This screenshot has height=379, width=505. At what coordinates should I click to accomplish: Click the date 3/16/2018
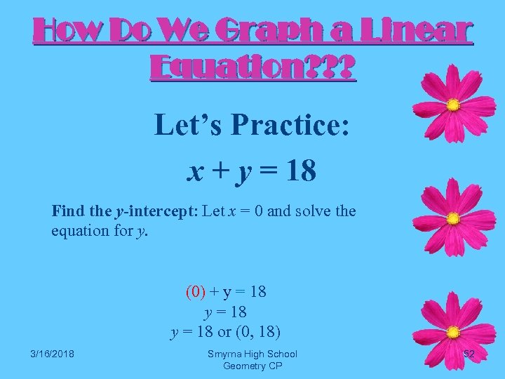coord(53,354)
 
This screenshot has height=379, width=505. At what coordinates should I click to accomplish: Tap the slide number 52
coord(469,354)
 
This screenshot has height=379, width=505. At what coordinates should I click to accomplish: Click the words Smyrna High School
coord(252,354)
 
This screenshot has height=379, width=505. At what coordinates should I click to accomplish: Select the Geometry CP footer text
coord(252,366)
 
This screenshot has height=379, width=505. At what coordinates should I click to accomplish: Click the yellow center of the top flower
coord(453,105)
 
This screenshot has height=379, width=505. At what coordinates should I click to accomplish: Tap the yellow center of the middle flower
coord(453,218)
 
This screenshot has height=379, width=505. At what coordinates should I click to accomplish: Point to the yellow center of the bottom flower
coord(453,331)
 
